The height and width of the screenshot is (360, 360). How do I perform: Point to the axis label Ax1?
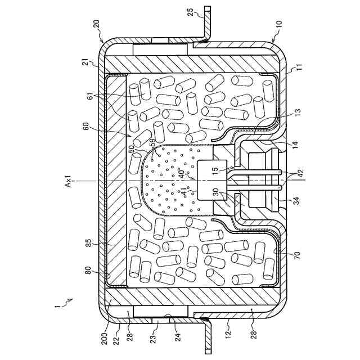tap(83, 182)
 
